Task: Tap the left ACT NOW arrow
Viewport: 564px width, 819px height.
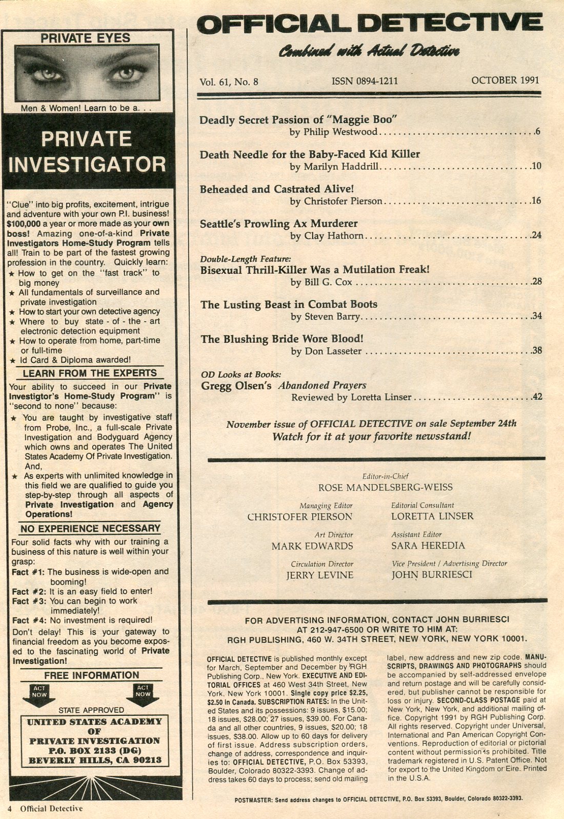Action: tap(39, 695)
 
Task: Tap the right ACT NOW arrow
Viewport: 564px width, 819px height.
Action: tap(143, 695)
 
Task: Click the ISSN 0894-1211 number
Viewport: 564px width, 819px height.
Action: tap(365, 81)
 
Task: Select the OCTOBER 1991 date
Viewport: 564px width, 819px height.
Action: tap(505, 80)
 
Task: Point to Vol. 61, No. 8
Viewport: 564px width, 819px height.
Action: tap(229, 82)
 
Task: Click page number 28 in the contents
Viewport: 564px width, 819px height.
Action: tap(536, 282)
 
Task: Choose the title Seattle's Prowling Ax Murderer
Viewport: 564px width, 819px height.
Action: tap(278, 224)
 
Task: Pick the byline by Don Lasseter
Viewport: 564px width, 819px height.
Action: tap(326, 351)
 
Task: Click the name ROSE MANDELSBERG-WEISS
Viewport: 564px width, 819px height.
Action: tap(378, 487)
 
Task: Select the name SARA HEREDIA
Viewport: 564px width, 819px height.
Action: tap(428, 546)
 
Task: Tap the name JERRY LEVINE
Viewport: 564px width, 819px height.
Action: tap(319, 575)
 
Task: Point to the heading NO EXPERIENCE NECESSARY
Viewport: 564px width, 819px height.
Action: tap(90, 528)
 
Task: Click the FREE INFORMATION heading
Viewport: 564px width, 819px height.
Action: tap(91, 675)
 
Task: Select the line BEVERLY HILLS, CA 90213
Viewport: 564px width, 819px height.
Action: tap(95, 760)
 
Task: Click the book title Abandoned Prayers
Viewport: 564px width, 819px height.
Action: tap(322, 386)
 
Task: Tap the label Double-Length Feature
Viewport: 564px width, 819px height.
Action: tap(246, 259)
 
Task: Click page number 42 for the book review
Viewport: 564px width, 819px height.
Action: tap(537, 397)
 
